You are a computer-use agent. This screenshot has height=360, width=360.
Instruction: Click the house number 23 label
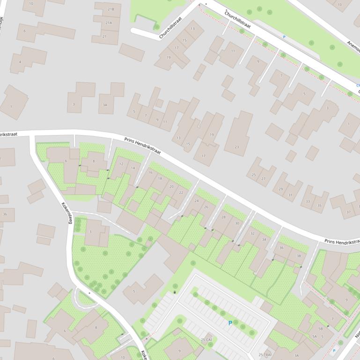point(237,147)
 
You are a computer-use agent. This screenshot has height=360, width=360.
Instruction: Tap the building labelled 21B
point(110,9)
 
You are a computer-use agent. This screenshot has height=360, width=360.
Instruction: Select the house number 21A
point(109,22)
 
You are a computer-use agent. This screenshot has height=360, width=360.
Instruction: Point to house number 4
point(20,62)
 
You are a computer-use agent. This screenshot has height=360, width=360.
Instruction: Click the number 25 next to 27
point(254,175)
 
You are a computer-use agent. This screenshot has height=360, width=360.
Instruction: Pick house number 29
point(281,189)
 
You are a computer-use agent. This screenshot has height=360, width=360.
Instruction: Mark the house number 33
point(308,202)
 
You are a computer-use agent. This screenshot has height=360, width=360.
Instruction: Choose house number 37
point(348,212)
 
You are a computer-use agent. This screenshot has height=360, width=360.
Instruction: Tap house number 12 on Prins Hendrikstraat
point(121,164)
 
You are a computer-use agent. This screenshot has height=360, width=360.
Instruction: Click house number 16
point(150,173)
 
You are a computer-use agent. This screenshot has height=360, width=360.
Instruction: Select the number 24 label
point(196,201)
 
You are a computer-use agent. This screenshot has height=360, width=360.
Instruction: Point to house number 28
point(223,217)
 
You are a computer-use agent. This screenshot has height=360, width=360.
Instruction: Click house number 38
point(299,256)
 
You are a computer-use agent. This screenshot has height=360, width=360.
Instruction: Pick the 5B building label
point(320,329)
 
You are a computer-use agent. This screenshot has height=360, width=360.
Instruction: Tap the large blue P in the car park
point(230,323)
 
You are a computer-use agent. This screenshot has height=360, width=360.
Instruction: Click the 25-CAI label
point(206,339)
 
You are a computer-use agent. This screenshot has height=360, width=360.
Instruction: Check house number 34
point(264,240)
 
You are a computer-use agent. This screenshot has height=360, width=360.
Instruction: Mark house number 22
point(181,193)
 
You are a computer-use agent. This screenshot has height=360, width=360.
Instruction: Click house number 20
point(171,187)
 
